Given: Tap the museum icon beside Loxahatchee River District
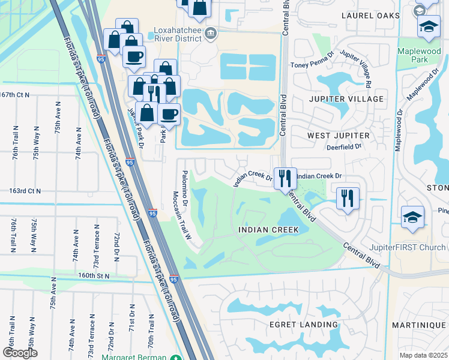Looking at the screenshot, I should pyautogui.click(x=210, y=32).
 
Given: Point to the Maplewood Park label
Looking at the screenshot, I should pyautogui.click(x=420, y=56).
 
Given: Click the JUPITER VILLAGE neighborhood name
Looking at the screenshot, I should pyautogui.click(x=346, y=98).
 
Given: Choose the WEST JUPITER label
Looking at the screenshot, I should pyautogui.click(x=339, y=136).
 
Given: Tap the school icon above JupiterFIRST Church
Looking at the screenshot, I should pyautogui.click(x=412, y=218).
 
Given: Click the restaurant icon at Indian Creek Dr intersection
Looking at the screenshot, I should pyautogui.click(x=285, y=178).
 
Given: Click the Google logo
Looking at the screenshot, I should pyautogui.click(x=20, y=352).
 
